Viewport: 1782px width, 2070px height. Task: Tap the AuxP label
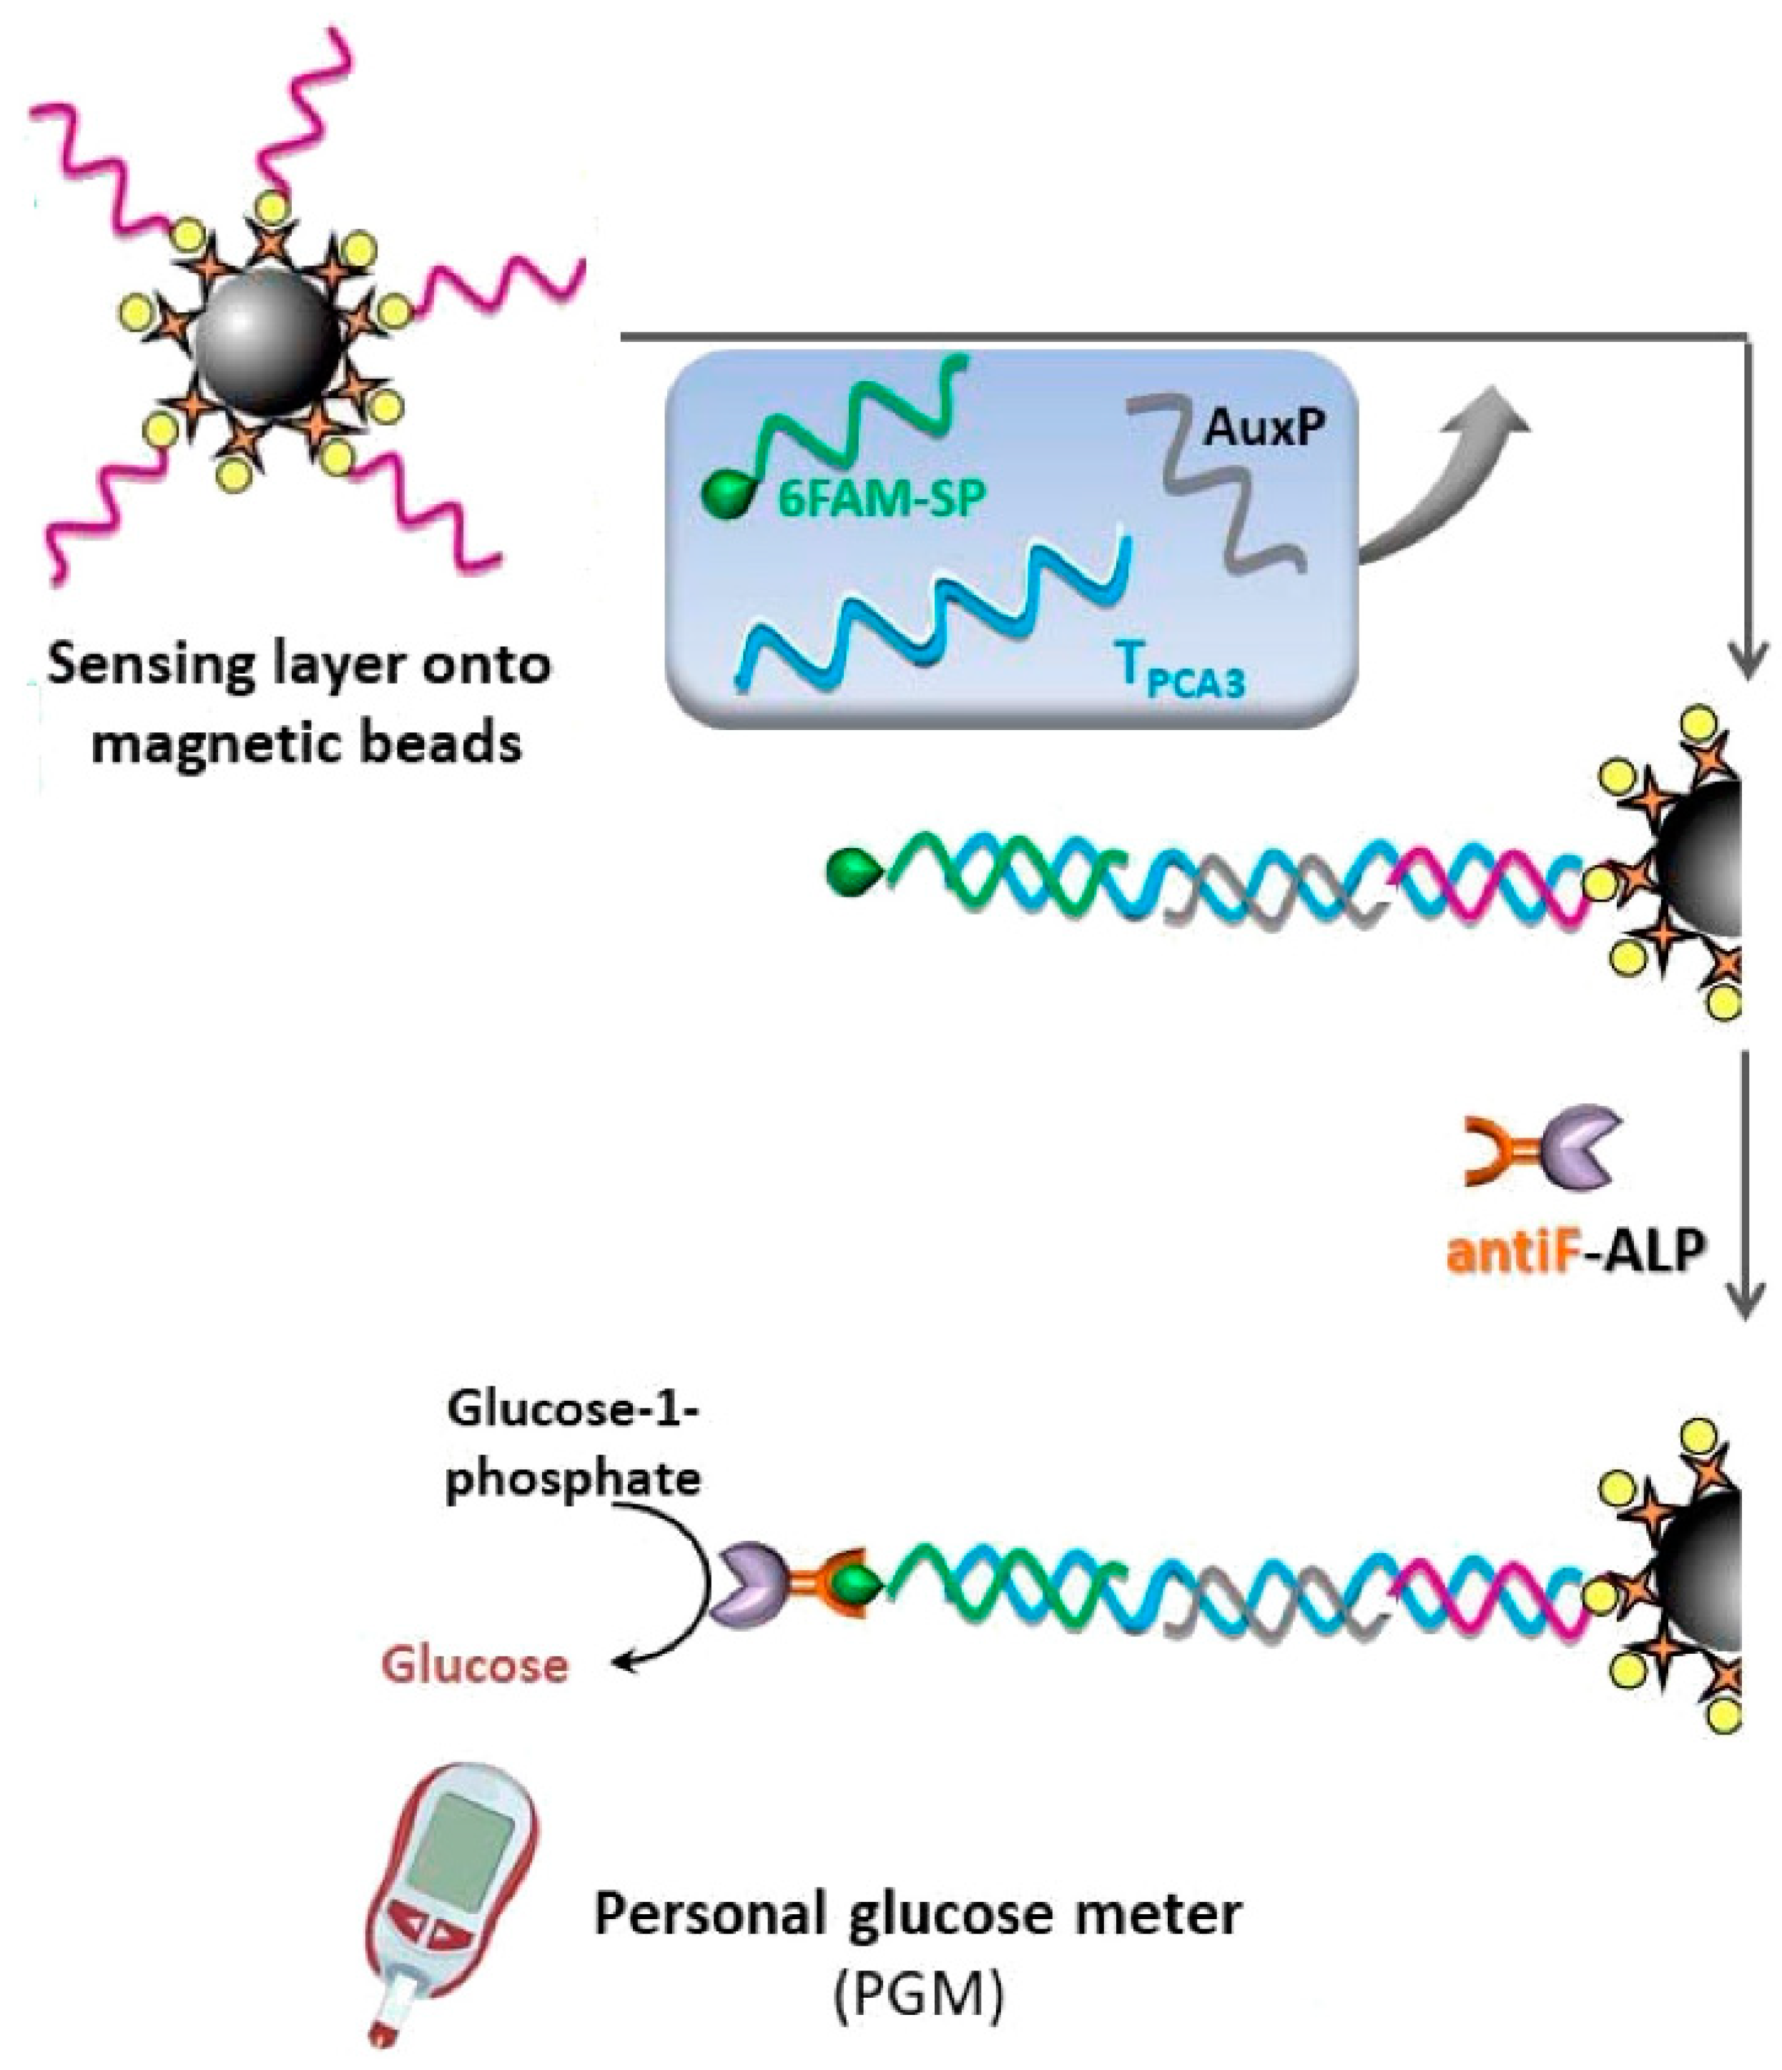point(1264,428)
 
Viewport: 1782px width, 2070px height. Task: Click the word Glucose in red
point(475,1665)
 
